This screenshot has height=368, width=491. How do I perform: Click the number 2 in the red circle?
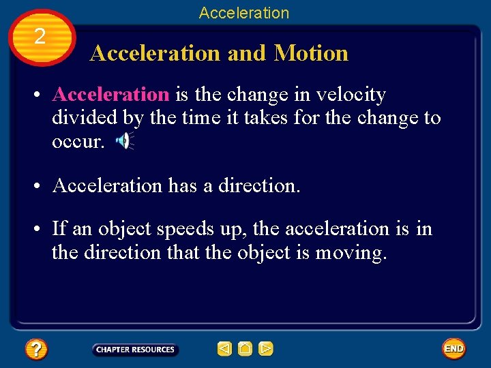point(40,37)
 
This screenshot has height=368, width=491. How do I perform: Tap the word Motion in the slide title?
point(311,53)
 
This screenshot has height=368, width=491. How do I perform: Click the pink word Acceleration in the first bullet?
point(110,95)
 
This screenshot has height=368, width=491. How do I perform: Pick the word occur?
point(78,141)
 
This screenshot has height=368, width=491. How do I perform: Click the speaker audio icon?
point(124,141)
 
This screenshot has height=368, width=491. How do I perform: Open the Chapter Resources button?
point(135,350)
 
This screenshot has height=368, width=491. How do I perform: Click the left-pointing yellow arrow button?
point(224,349)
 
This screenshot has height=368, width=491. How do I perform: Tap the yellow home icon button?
point(245,349)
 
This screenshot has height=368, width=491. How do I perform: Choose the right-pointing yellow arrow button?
point(266,349)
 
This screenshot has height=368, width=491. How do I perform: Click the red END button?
point(453,349)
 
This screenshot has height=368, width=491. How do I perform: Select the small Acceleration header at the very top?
point(244,12)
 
